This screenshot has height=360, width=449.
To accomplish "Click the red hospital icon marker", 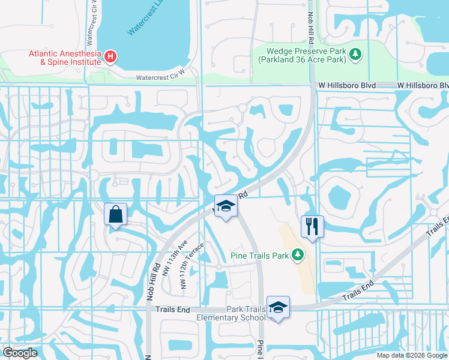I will [110, 57].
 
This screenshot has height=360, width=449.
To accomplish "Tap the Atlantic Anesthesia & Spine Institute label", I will [65, 58].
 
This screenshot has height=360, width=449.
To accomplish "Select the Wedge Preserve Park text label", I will [304, 56].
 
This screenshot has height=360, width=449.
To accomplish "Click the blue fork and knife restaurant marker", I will [312, 227].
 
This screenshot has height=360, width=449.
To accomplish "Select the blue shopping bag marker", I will [115, 215].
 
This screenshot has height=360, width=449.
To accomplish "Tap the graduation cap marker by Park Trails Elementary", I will [278, 307].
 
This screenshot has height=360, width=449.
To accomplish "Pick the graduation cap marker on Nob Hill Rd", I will [226, 206].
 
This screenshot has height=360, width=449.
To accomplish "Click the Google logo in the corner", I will [20, 353].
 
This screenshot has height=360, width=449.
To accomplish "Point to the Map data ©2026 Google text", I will [411, 355].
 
